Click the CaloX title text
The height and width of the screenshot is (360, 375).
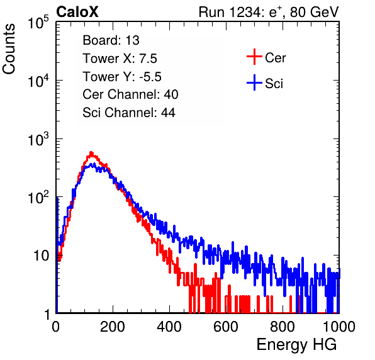pyautogui.click(x=77, y=12)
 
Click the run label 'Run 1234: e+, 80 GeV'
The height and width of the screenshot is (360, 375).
pyautogui.click(x=269, y=12)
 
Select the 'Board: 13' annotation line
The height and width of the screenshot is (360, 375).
pyautogui.click(x=111, y=40)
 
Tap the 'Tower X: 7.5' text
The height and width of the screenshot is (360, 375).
pyautogui.click(x=120, y=59)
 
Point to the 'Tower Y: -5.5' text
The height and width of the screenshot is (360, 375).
pyautogui.click(x=122, y=77)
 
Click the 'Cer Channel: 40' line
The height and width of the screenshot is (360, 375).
pyautogui.click(x=130, y=94)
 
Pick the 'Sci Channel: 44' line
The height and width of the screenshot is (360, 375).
pyautogui.click(x=129, y=113)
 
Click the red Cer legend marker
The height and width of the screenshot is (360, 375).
pyautogui.click(x=254, y=57)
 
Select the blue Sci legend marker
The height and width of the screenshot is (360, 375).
pyautogui.click(x=254, y=83)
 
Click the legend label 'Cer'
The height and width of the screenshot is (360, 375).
pyautogui.click(x=275, y=58)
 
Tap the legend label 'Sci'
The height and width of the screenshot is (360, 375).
pyautogui.click(x=274, y=84)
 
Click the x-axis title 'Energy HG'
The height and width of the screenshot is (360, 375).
pyautogui.click(x=296, y=345)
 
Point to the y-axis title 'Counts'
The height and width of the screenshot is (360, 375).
pyautogui.click(x=9, y=49)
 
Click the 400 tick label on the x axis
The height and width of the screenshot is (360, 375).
pyautogui.click(x=169, y=327)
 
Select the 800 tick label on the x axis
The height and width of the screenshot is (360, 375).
pyautogui.click(x=283, y=327)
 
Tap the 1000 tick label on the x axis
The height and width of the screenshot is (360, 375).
pyautogui.click(x=339, y=327)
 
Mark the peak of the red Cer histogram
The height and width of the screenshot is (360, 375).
pyautogui.click(x=91, y=152)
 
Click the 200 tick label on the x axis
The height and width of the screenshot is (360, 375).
pyautogui.click(x=113, y=327)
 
